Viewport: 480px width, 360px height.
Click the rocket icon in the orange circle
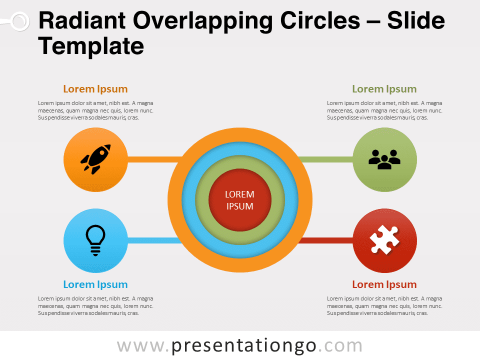95,159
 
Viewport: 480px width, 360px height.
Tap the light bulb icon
95,240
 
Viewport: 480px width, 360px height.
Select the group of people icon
384,159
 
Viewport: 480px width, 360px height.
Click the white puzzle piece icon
384,239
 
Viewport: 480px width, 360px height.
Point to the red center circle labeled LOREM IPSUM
240,200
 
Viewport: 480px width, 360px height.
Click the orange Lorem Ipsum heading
95,89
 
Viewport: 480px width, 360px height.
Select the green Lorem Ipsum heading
384,89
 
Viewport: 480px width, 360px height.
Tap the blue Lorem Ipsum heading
95,284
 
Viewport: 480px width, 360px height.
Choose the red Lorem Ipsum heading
384,284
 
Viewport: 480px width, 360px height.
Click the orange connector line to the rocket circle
154,159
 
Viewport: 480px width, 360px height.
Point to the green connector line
325,159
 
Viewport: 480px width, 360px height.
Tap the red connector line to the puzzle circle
326,240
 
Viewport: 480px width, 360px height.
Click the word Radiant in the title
82,20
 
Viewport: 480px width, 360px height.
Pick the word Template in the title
91,46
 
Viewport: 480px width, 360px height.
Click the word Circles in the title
320,20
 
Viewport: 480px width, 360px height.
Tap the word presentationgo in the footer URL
243,346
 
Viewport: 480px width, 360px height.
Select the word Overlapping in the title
202,21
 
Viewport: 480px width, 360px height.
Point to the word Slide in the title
415,20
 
